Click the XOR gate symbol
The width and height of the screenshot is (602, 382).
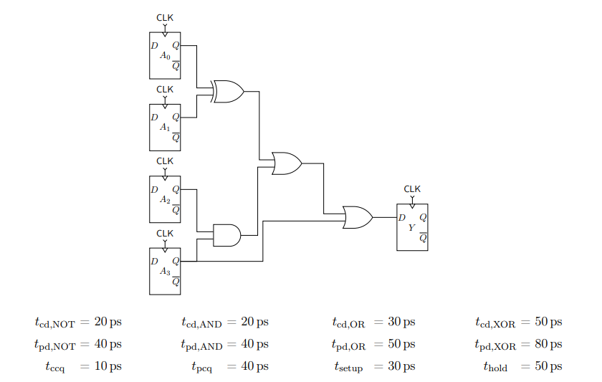click(x=229, y=92)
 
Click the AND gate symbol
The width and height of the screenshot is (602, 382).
click(x=226, y=235)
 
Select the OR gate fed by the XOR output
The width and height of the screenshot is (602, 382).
click(x=287, y=163)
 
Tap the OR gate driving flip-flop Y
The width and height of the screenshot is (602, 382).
click(x=357, y=217)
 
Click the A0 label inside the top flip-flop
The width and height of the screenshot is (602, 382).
click(x=165, y=55)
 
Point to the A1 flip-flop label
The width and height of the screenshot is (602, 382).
click(x=165, y=127)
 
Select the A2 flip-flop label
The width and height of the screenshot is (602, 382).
click(x=165, y=199)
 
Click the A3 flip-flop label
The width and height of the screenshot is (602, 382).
click(x=165, y=271)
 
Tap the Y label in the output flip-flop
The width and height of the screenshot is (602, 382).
click(x=411, y=227)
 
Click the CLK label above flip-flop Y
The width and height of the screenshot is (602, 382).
click(x=412, y=189)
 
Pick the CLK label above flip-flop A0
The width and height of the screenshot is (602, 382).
click(x=165, y=17)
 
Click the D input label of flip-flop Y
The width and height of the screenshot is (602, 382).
click(x=402, y=217)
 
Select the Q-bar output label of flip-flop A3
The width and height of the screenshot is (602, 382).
click(x=176, y=282)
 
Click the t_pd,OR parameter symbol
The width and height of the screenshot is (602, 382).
click(x=349, y=345)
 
